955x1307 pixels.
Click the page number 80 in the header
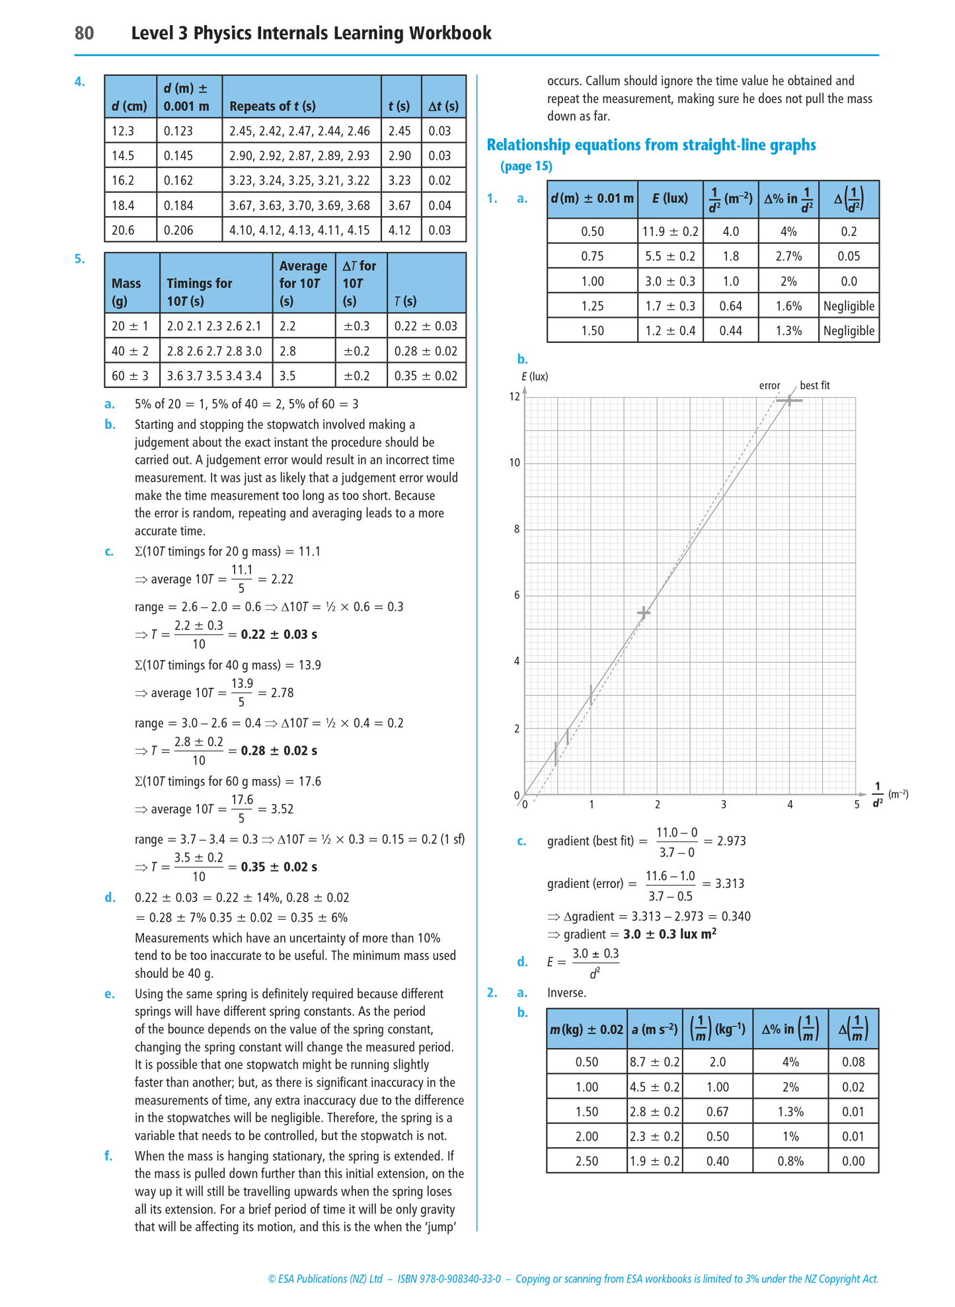pos(84,33)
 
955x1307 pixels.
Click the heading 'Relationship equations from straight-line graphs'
pos(651,145)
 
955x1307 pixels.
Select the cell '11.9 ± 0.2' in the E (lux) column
pos(670,231)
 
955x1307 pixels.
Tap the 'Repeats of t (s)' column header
pos(272,106)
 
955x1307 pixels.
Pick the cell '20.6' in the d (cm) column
pos(123,230)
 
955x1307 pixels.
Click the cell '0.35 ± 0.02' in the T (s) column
pos(426,376)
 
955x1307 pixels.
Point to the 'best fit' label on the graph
pos(814,385)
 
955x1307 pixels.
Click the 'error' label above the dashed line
pos(769,386)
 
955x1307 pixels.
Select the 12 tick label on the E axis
pos(514,396)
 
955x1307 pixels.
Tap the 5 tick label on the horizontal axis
pos(857,805)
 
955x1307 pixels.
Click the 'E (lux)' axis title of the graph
pos(535,377)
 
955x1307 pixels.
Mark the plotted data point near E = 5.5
pos(644,613)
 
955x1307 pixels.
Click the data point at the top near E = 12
pos(789,400)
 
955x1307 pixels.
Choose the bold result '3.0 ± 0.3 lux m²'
pos(669,934)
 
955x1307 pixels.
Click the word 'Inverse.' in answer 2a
pos(566,992)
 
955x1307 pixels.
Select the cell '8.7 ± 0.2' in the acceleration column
pos(654,1062)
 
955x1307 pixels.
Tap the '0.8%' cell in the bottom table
pos(790,1161)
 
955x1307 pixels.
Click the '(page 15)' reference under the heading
pos(526,166)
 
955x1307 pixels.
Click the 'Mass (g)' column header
pos(126,292)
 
